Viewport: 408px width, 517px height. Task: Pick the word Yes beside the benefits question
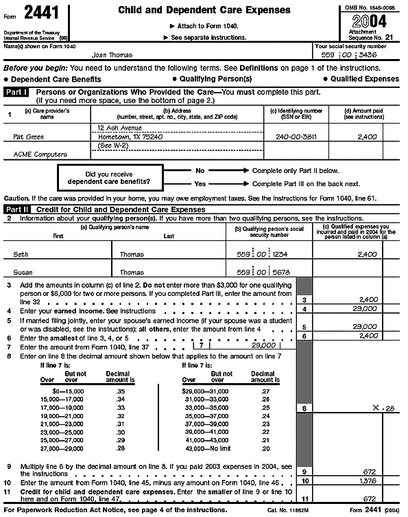click(200, 184)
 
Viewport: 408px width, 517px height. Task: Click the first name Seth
click(22, 254)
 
